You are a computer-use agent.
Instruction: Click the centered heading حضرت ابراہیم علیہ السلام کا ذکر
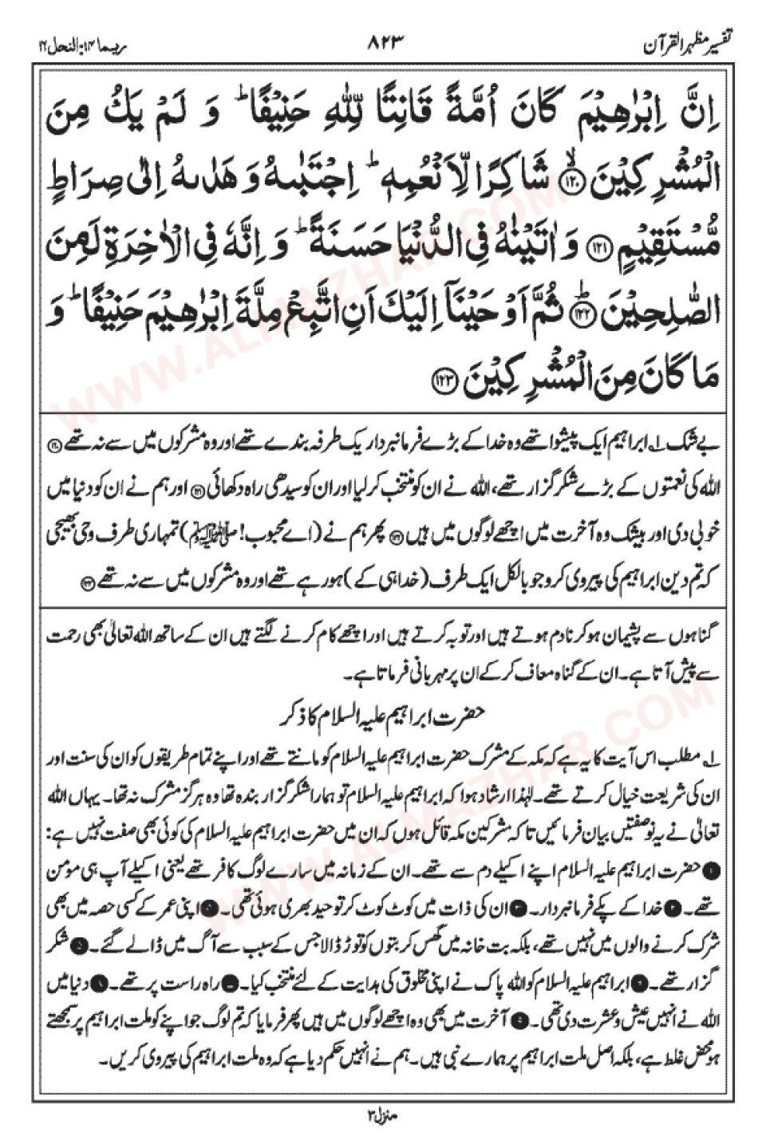pos(382,708)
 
